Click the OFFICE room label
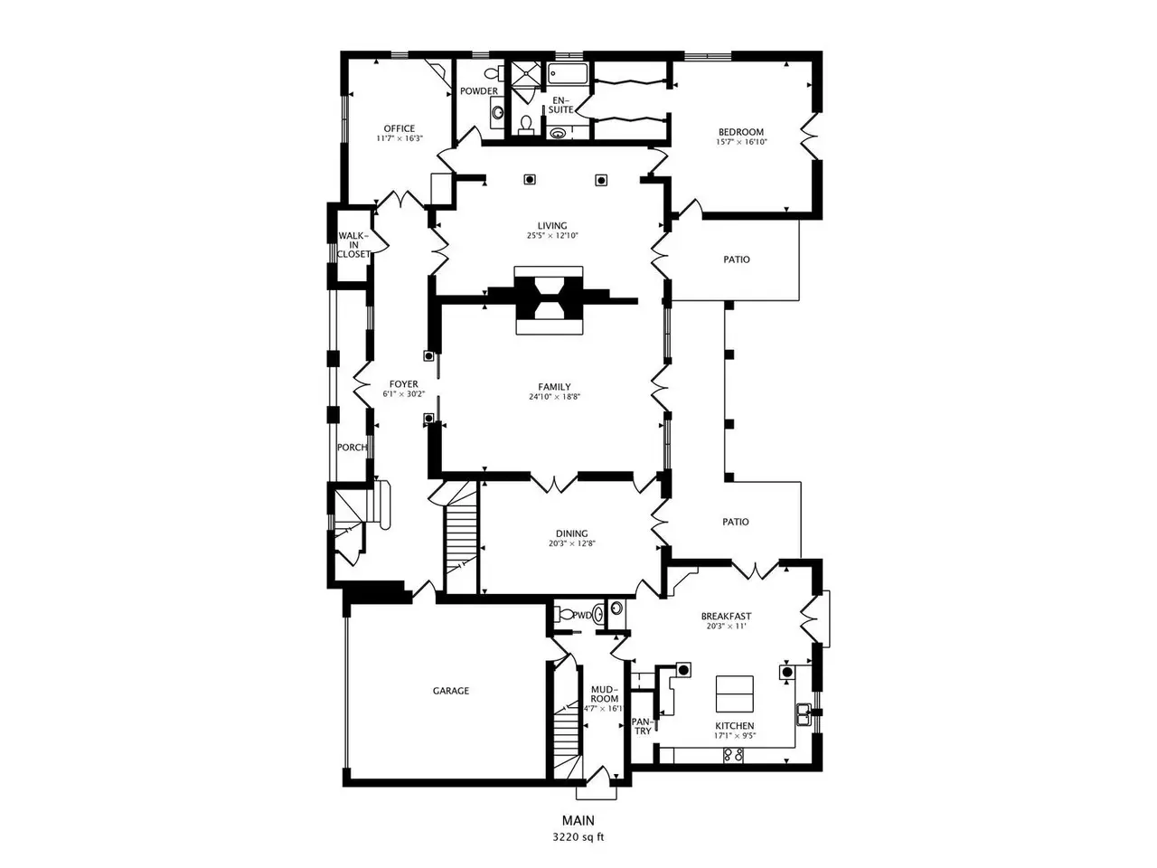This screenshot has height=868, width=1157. point(399,128)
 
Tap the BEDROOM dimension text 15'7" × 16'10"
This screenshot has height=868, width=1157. point(741,142)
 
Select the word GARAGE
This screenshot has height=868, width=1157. point(451,691)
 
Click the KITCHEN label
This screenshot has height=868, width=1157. point(734,726)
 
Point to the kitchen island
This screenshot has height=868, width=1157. point(734,693)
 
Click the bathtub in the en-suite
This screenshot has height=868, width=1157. point(567,74)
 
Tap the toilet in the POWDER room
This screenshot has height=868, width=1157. point(494,72)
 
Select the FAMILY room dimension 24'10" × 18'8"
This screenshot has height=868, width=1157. point(554,397)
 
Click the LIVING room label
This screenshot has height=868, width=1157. point(552,225)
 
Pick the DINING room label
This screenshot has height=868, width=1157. point(572,533)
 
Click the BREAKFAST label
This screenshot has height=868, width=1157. point(726,616)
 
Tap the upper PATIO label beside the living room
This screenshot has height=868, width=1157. point(737,259)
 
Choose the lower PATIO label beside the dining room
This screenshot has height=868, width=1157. point(736,522)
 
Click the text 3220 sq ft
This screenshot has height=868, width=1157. point(578,837)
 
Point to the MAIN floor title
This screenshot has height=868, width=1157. point(578,821)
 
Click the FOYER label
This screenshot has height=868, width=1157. point(404,384)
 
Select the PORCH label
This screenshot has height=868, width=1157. point(353,448)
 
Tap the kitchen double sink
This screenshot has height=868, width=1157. point(804,714)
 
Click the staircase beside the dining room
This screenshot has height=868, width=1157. point(461,538)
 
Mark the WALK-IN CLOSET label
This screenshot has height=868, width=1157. point(353,245)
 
